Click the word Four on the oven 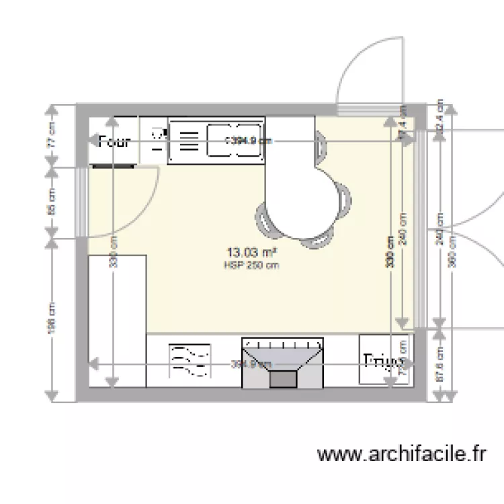pyautogui.click(x=114, y=142)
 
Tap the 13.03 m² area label pyautogui.click(x=253, y=253)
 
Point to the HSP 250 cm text pyautogui.click(x=252, y=265)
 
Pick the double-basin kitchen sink pyautogui.click(x=234, y=140)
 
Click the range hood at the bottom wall pyautogui.click(x=282, y=363)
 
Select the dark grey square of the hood pyautogui.click(x=282, y=380)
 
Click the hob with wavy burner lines pyautogui.click(x=190, y=361)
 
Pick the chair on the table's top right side pyautogui.click(x=322, y=145)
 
